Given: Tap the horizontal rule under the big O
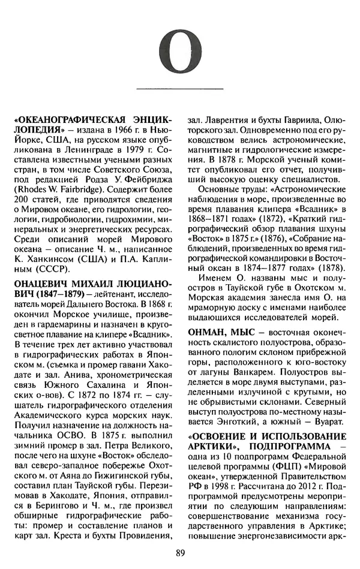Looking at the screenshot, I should pyautogui.click(x=180, y=89).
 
